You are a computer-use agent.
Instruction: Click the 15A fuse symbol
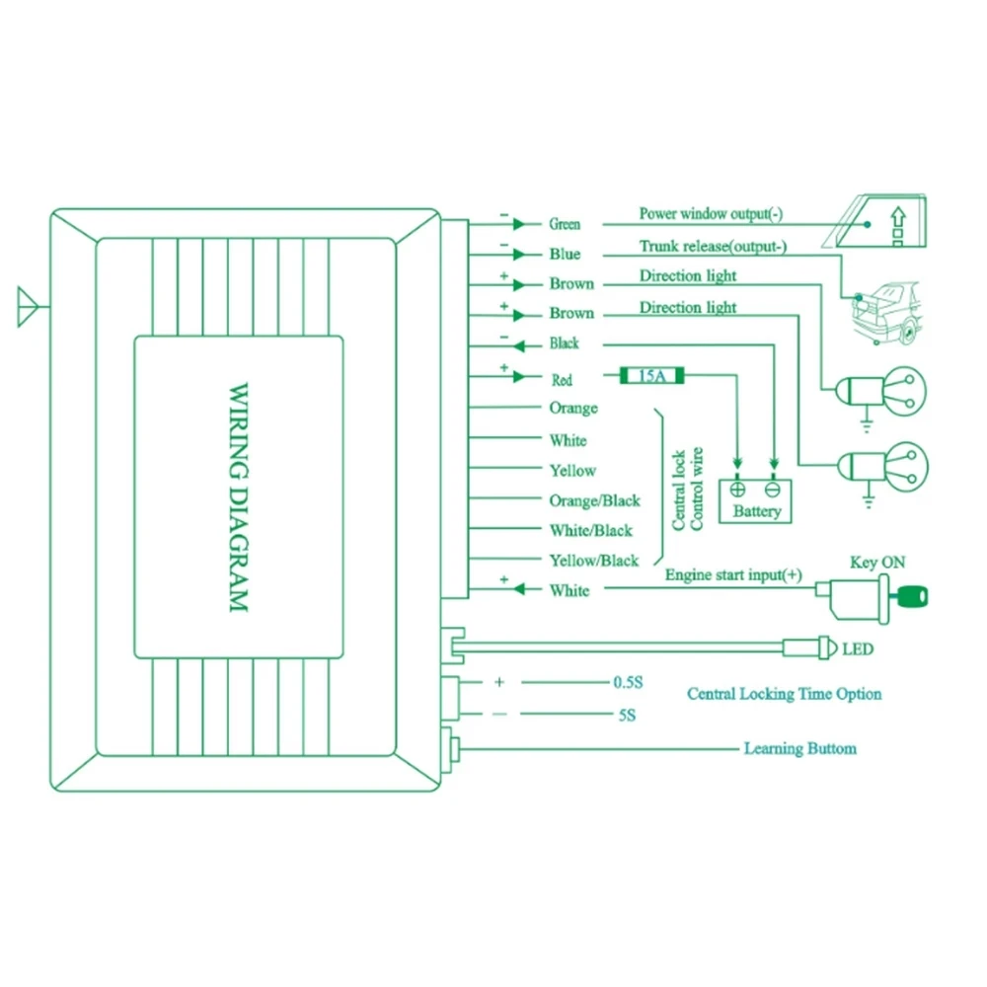[652, 376]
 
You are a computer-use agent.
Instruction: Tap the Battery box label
[757, 511]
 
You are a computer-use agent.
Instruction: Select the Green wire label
[565, 225]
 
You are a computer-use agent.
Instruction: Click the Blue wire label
[565, 255]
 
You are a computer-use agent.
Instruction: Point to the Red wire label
[562, 379]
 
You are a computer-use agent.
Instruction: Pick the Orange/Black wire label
[594, 500]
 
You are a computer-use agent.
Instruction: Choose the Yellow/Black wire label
[594, 561]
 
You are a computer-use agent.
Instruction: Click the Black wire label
[564, 343]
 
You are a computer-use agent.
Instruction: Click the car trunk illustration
[884, 310]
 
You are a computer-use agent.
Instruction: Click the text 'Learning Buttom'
[799, 749]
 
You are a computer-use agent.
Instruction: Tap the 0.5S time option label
[628, 682]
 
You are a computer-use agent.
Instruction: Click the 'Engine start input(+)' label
[733, 574]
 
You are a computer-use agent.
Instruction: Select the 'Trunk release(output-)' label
[713, 247]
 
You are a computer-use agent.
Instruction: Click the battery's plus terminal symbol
[737, 488]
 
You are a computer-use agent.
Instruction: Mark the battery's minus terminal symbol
[774, 488]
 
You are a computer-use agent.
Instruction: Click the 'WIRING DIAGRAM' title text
[239, 498]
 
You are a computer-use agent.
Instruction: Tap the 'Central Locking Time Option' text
[785, 694]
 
